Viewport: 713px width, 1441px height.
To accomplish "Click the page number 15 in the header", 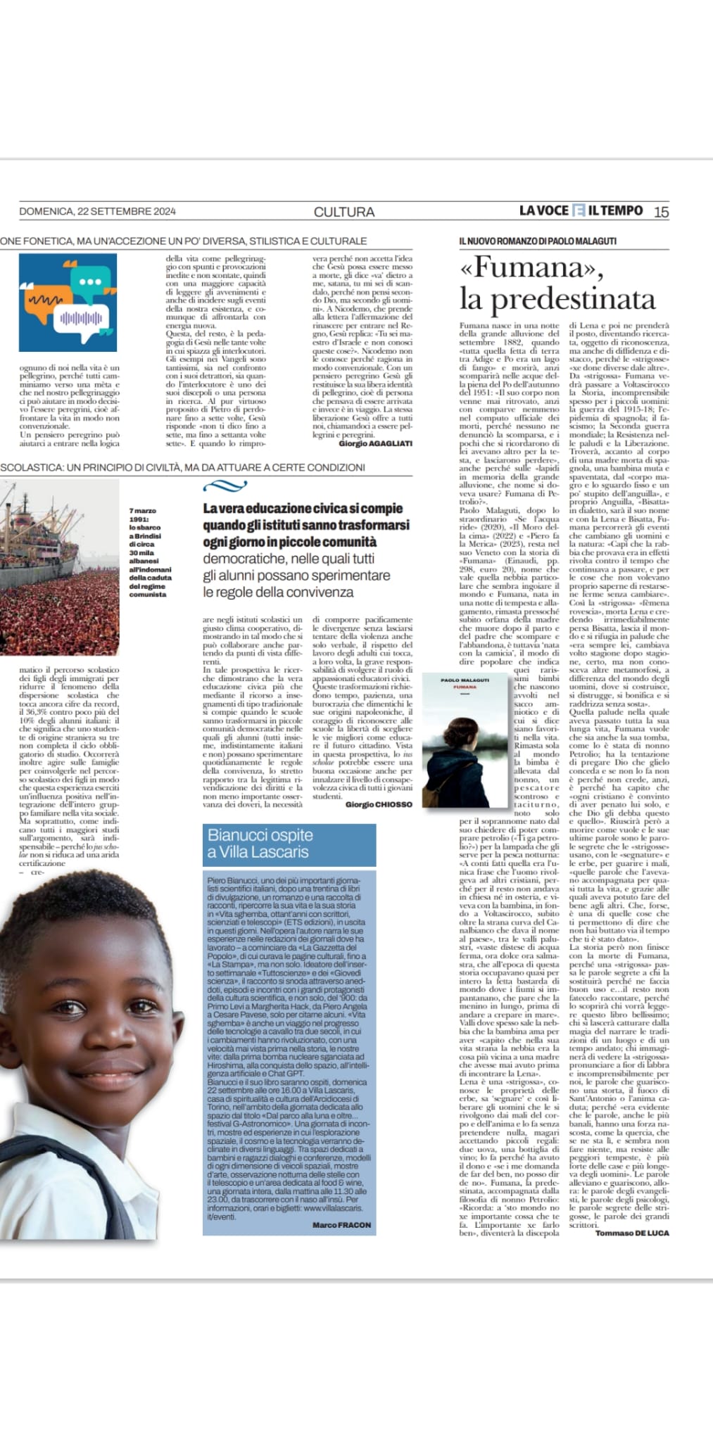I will [x=661, y=212].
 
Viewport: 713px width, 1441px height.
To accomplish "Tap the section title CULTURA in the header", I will [x=343, y=212].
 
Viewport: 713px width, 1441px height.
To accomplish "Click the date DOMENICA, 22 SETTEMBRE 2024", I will [x=97, y=211].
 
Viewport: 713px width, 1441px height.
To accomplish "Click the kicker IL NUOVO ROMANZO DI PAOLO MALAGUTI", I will [x=538, y=241].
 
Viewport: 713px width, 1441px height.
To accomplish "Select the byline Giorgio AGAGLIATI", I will [x=375, y=444].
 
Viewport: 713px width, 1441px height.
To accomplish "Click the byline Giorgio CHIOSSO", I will [x=378, y=804].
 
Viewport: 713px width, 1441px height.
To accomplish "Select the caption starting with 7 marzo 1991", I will [x=150, y=552].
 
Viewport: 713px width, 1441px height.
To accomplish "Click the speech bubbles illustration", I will [x=68, y=303].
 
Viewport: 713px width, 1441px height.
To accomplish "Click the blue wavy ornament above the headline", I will [x=225, y=486].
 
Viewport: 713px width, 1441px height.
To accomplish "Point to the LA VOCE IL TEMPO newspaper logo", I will [x=581, y=210].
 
